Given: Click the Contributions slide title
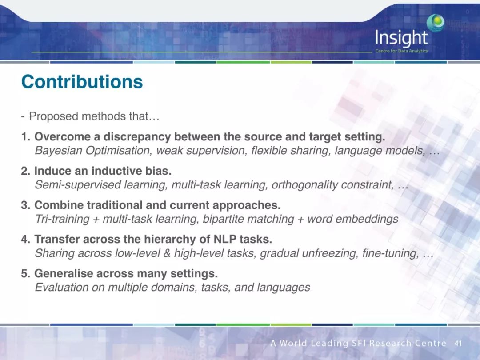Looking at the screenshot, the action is (x=82, y=82).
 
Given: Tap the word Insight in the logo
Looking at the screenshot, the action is (x=401, y=38).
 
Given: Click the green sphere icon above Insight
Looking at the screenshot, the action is (x=436, y=22).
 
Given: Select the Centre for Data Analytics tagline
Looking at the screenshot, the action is (x=402, y=51).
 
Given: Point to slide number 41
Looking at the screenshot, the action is (x=458, y=343).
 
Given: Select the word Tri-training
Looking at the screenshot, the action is (x=62, y=219).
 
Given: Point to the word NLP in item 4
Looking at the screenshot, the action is (x=224, y=239).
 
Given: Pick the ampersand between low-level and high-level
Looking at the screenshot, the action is (x=167, y=253).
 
